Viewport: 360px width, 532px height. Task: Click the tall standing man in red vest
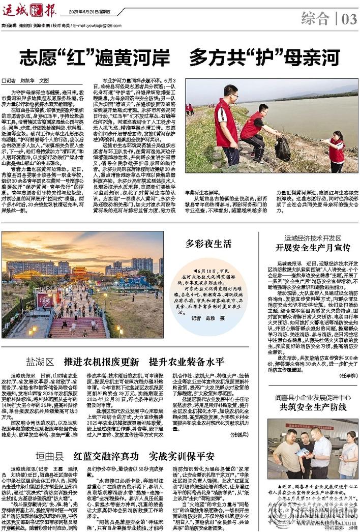(226, 125)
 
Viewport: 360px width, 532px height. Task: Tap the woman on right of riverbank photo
(336, 151)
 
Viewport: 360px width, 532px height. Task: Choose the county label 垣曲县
(49, 455)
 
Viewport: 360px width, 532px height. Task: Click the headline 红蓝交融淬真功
(106, 455)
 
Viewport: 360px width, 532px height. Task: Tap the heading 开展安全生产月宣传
(313, 248)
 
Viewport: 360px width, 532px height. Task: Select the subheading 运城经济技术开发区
(313, 238)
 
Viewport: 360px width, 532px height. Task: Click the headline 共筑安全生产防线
(313, 406)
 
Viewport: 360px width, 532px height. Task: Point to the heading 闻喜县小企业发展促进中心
(313, 396)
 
